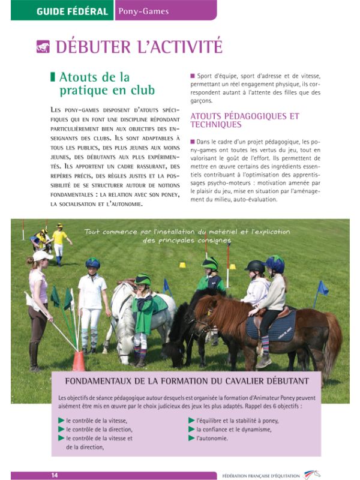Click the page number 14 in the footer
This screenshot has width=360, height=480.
tap(54, 475)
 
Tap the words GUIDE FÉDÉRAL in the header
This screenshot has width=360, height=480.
tap(72, 11)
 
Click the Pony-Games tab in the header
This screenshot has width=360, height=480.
tap(143, 11)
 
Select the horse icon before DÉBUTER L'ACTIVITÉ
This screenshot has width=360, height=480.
tap(43, 47)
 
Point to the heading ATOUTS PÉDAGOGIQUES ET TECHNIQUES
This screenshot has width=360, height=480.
tap(244, 120)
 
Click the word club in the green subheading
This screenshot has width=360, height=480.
tap(139, 90)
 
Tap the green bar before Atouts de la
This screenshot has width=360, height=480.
tap(53, 77)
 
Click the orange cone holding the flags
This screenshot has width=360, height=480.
tap(79, 361)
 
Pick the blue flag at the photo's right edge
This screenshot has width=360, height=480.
tap(322, 288)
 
